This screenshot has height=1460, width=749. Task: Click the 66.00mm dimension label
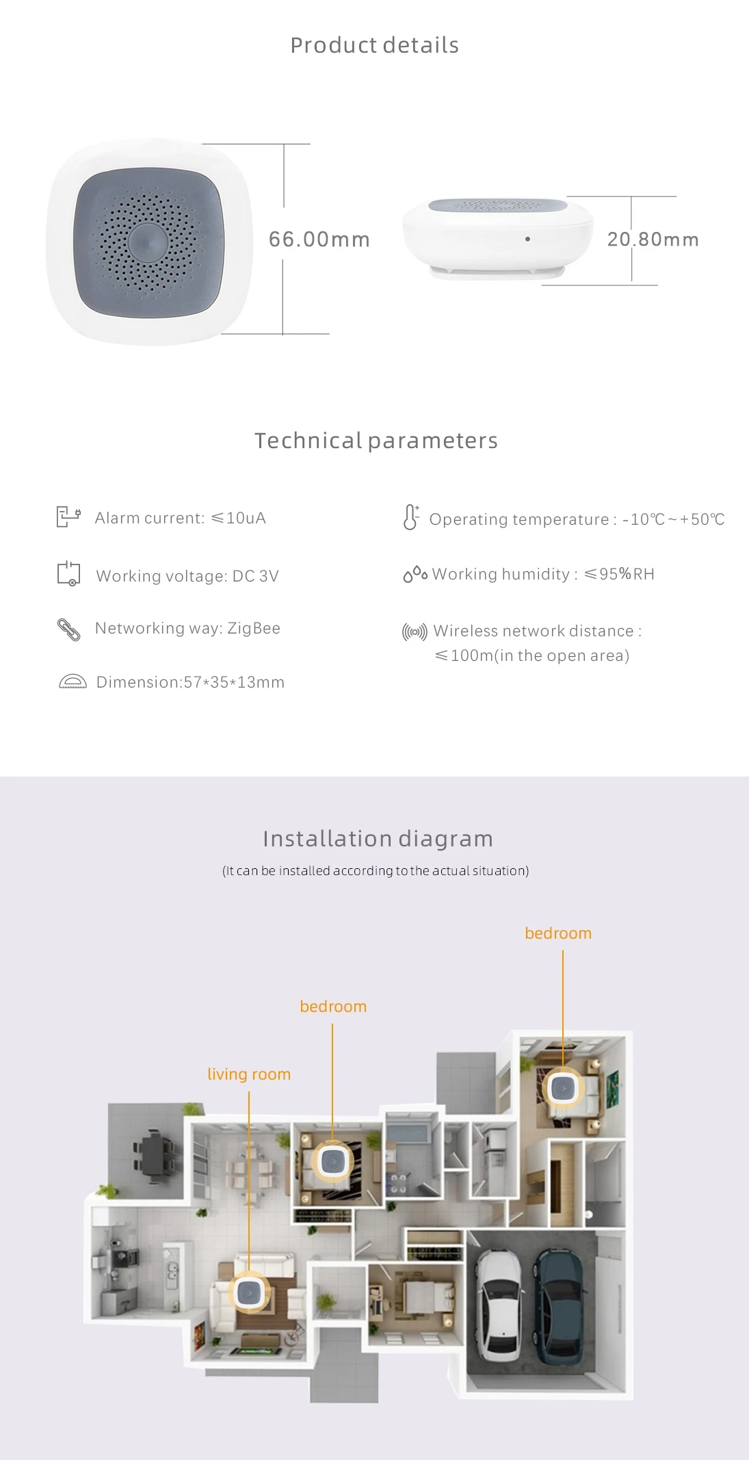click(x=319, y=239)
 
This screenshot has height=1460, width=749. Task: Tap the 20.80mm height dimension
click(x=653, y=239)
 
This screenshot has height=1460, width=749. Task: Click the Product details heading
click(x=374, y=45)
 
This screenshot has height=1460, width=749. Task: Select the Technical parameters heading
click(x=376, y=441)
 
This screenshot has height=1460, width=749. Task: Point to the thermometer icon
click(x=410, y=517)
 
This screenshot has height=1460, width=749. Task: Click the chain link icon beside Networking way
click(x=68, y=629)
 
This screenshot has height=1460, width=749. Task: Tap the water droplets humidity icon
click(x=415, y=575)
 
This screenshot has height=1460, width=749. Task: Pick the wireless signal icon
click(x=415, y=631)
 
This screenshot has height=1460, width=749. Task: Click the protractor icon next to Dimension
click(x=73, y=681)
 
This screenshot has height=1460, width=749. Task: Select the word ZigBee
click(x=254, y=628)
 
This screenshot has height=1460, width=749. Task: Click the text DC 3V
click(x=256, y=576)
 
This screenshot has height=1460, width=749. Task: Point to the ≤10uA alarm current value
click(x=238, y=518)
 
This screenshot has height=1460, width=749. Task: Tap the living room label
click(x=249, y=1074)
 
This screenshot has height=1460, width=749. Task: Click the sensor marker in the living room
click(x=249, y=1291)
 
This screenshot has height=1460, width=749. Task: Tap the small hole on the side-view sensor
click(x=527, y=239)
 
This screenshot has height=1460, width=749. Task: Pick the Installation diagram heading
click(x=378, y=839)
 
